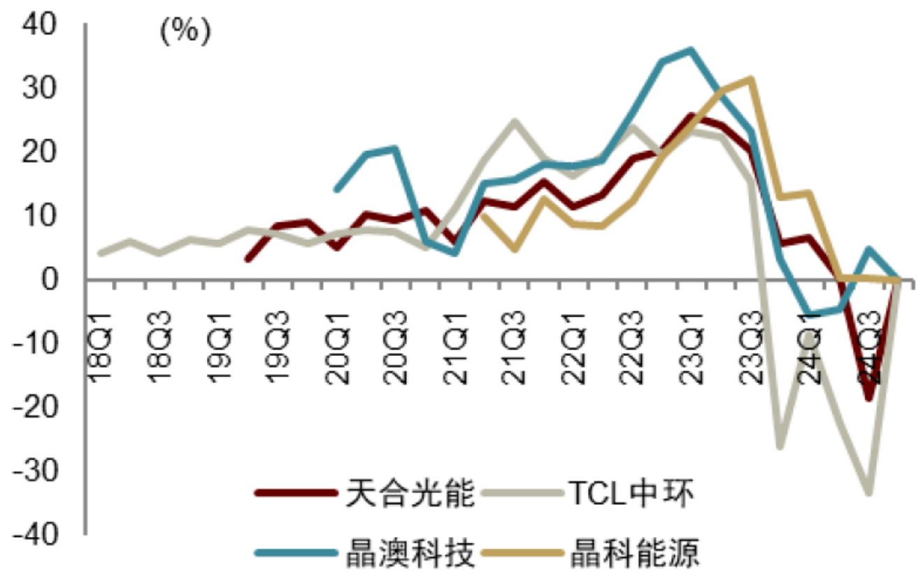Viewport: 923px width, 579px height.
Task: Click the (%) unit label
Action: pyautogui.click(x=184, y=32)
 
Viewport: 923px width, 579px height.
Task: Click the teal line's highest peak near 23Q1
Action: pyautogui.click(x=691, y=50)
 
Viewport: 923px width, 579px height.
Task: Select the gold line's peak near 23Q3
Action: pyautogui.click(x=751, y=78)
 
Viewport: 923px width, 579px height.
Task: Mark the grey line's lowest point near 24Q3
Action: pyautogui.click(x=869, y=492)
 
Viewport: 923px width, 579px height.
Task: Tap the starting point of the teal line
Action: pyautogui.click(x=336, y=189)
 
